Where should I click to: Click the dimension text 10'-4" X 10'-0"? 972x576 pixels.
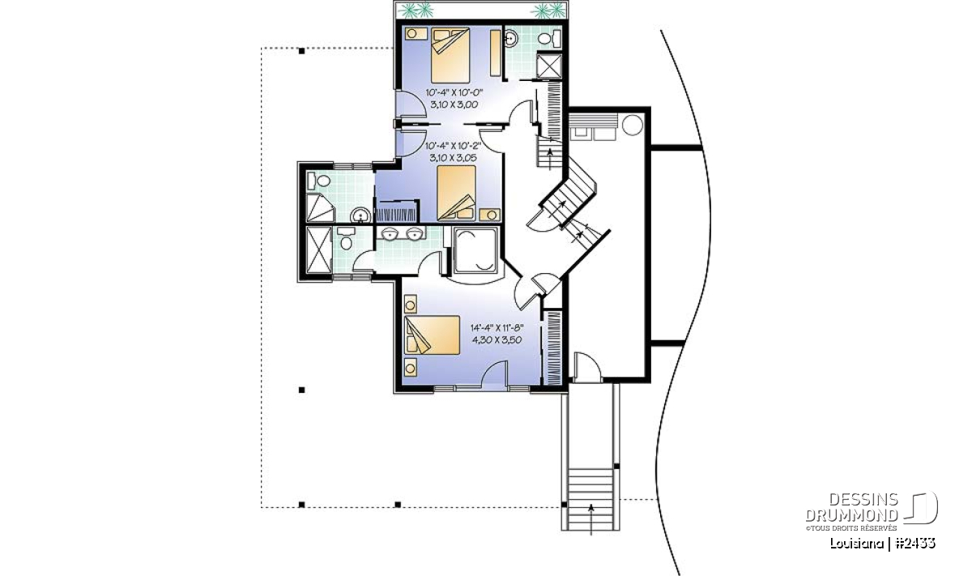[x=454, y=92]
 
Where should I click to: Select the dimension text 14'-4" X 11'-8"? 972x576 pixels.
[x=497, y=328]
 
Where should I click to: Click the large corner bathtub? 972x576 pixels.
[x=475, y=250]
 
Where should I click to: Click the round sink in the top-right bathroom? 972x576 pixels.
[x=511, y=38]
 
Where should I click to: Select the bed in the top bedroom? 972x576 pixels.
[x=450, y=55]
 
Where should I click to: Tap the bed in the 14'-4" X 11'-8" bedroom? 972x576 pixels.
[x=432, y=335]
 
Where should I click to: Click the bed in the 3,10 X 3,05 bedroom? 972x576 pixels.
[x=456, y=193]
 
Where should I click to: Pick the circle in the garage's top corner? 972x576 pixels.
[x=632, y=125]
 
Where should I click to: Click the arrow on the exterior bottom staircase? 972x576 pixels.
[x=590, y=520]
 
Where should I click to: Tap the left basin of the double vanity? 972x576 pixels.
[x=390, y=233]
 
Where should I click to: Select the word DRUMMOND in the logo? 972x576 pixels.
[x=851, y=515]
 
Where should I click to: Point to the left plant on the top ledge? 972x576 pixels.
[x=416, y=10]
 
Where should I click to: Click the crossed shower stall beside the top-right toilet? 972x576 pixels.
[x=548, y=66]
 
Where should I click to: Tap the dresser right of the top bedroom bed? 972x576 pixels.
[x=495, y=53]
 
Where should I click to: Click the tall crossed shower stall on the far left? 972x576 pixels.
[x=318, y=250]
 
